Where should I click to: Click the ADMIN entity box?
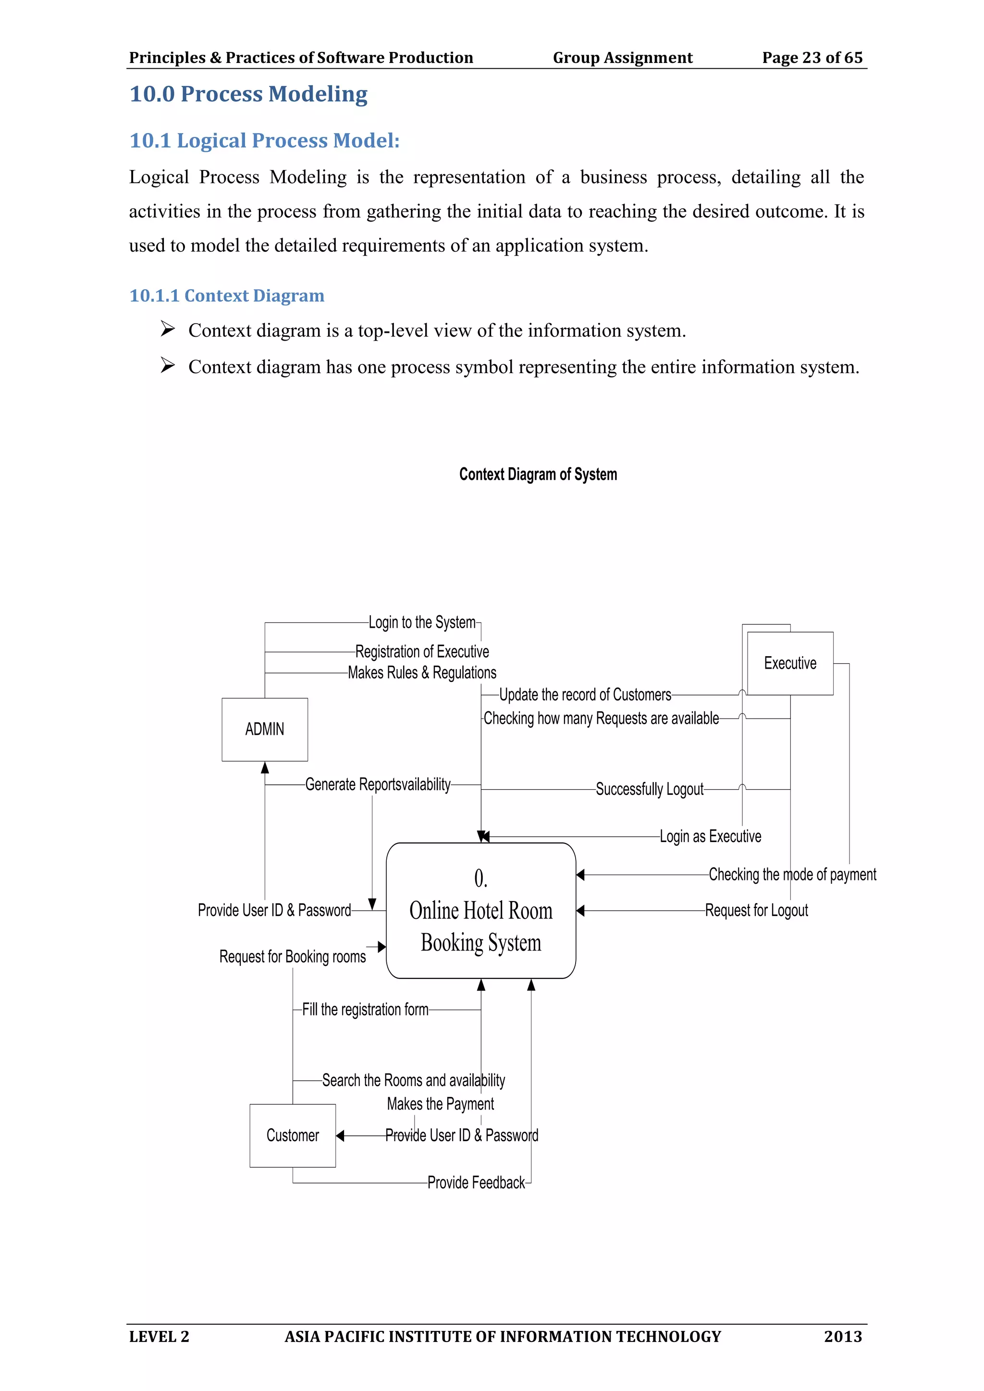pyautogui.click(x=265, y=730)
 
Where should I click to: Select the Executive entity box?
pyautogui.click(x=790, y=663)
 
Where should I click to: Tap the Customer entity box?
pyautogui.click(x=293, y=1135)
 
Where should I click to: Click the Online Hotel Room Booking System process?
pyautogui.click(x=481, y=911)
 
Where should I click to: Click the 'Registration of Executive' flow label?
pyautogui.click(x=422, y=652)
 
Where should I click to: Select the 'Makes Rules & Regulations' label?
pyautogui.click(x=422, y=672)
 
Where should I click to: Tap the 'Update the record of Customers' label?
pyautogui.click(x=585, y=695)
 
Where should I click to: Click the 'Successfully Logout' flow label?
pyautogui.click(x=650, y=790)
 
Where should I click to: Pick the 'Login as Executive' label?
pyautogui.click(x=710, y=837)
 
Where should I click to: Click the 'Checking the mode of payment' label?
pyautogui.click(x=792, y=875)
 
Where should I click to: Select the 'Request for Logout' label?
pyautogui.click(x=756, y=911)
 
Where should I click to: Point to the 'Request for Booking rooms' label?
pyautogui.click(x=293, y=957)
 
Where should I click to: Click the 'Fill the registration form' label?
pyautogui.click(x=365, y=1010)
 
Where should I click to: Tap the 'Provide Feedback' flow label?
pyautogui.click(x=476, y=1183)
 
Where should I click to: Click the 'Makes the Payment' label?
pyautogui.click(x=441, y=1104)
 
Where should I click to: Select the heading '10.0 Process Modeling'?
pyautogui.click(x=248, y=94)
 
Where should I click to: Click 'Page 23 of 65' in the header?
pyautogui.click(x=812, y=58)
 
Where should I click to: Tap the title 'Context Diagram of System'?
pyautogui.click(x=538, y=475)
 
